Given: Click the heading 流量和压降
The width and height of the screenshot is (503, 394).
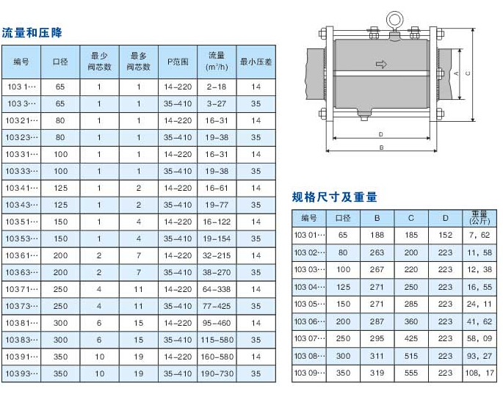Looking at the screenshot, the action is [32, 33].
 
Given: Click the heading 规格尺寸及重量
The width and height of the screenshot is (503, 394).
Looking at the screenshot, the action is [334, 197].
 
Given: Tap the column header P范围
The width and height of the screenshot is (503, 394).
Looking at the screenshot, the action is [178, 62].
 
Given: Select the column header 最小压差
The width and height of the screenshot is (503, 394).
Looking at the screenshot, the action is [256, 62].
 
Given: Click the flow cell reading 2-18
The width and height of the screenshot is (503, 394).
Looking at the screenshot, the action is [217, 87].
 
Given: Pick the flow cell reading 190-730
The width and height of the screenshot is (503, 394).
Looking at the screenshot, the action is [217, 373].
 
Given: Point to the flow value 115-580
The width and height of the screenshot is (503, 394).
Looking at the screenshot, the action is [217, 340].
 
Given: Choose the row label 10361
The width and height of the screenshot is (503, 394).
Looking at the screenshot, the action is [21, 255].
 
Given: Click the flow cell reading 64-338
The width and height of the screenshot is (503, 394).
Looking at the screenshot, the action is [217, 289].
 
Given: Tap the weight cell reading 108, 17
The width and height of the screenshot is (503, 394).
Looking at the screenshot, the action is [480, 373].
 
